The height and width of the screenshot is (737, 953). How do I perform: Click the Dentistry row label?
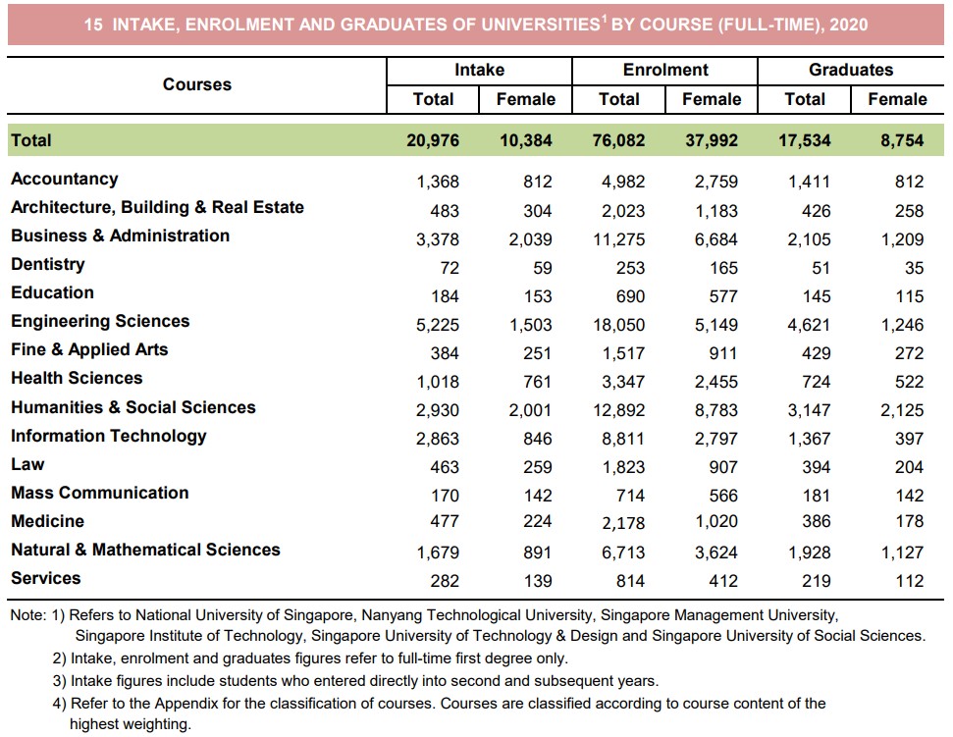pos(47,264)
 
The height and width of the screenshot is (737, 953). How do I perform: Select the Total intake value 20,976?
pos(432,140)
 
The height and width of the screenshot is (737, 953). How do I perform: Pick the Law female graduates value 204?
pos(909,467)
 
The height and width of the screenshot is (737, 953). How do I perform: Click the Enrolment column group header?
pos(664,70)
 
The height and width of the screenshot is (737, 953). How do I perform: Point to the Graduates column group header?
pos(850,70)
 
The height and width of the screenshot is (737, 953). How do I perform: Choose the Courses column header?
pos(197,84)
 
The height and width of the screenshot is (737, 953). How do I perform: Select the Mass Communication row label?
pos(99,493)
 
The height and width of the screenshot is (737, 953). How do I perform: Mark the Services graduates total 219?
pos(815,581)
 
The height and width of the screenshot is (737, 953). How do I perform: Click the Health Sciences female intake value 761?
pos(537,382)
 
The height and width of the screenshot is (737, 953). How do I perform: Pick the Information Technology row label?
pos(108,436)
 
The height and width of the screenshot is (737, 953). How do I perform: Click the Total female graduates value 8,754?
pos(902,140)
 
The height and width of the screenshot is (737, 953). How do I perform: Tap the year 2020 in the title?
pos(849,25)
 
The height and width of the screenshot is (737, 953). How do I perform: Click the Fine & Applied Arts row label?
pos(89,349)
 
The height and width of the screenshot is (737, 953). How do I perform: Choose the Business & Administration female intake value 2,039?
pos(530,238)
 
